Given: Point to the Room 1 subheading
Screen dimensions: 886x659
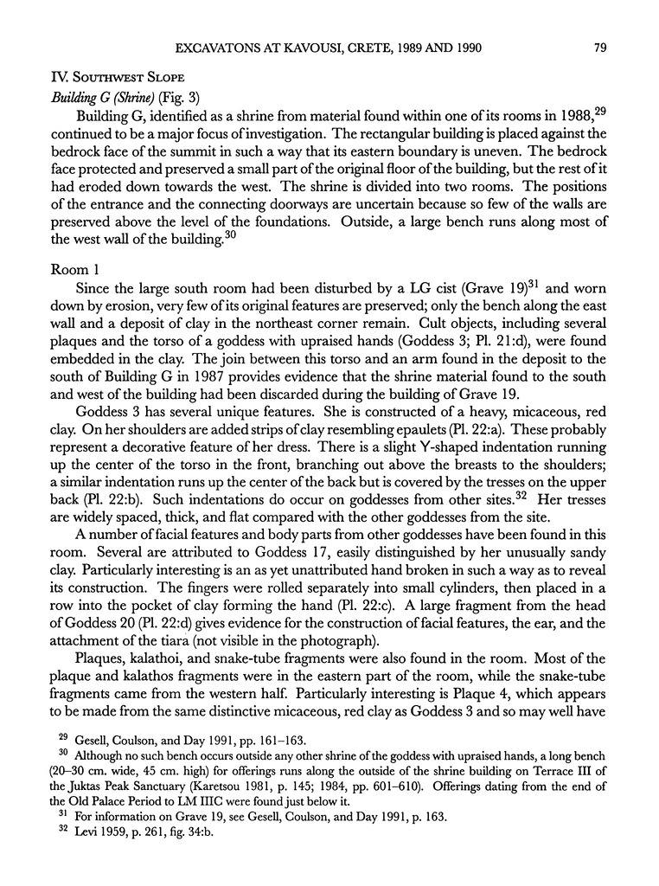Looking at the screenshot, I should [79, 270].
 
